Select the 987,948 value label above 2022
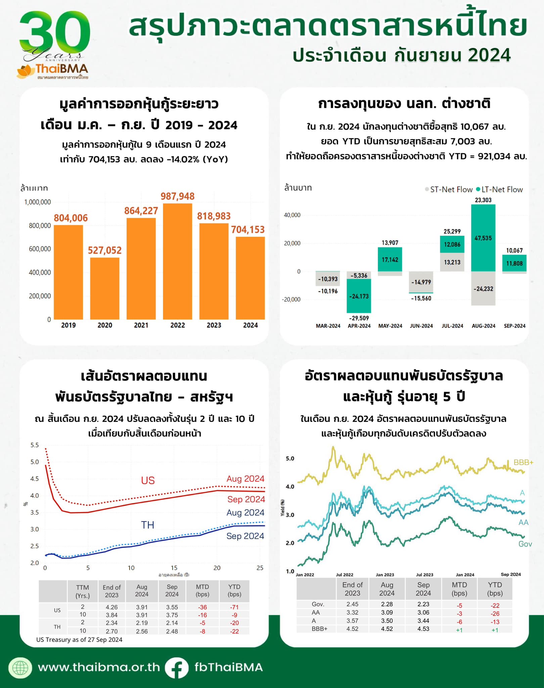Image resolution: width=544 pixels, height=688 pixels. click(177, 196)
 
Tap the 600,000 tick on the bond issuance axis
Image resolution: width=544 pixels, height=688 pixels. click(40, 249)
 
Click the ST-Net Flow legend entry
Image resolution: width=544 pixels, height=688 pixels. click(449, 189)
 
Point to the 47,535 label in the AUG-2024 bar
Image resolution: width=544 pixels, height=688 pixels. click(483, 238)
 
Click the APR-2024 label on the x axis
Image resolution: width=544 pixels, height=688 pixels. click(359, 326)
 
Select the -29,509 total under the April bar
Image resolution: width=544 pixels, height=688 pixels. click(359, 318)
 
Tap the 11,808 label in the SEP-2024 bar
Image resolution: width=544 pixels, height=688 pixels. click(514, 263)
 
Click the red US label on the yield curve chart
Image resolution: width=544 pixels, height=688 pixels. click(148, 480)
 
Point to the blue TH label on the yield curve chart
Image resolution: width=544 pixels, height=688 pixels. click(147, 525)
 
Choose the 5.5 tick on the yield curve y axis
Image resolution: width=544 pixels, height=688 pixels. click(35, 445)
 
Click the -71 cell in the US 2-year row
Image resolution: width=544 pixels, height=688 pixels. click(234, 607)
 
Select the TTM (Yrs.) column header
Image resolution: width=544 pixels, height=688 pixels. click(83, 591)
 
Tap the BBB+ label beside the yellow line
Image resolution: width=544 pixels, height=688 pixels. click(523, 462)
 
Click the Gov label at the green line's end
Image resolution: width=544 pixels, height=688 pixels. click(525, 544)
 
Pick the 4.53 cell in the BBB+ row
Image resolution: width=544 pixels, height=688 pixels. click(423, 629)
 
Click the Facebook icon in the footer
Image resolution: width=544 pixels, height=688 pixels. click(177, 668)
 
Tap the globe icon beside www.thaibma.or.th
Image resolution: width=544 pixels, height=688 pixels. click(20, 668)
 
